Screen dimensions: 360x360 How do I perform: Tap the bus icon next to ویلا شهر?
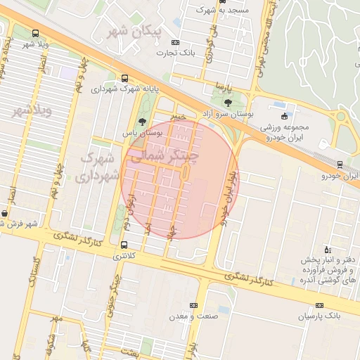point(36,33)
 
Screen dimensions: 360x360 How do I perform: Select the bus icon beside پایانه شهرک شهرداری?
point(124,79)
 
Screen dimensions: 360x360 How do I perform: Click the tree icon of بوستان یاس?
point(143,122)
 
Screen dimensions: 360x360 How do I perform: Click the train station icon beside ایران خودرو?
point(340,165)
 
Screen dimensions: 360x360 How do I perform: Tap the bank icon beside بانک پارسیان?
point(320,305)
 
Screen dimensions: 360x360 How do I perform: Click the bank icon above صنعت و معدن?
point(193,305)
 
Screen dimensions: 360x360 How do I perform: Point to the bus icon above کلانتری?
point(124,245)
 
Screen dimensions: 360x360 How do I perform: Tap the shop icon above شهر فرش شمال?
point(5,213)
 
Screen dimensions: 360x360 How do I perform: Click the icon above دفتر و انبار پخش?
point(327,249)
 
